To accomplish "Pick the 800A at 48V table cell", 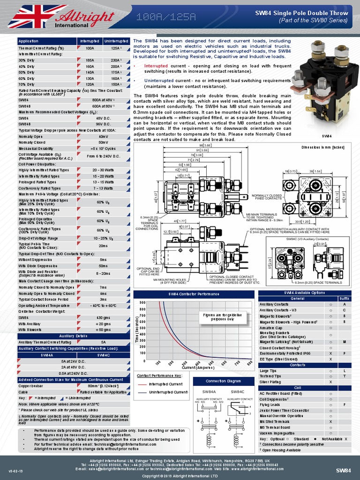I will pos(103,100).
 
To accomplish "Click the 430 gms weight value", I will pos(103,317).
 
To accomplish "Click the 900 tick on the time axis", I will pos(142,303).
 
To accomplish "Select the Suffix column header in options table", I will pos(344,299).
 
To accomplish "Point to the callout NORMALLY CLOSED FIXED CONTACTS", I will pos(266,197).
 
